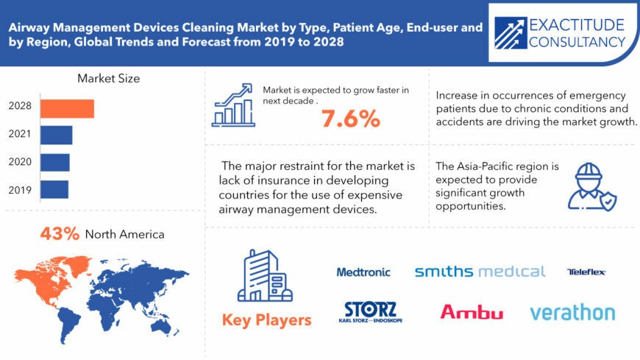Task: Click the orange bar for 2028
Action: (x=67, y=108)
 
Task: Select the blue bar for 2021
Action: (x=56, y=135)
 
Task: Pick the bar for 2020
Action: (x=54, y=162)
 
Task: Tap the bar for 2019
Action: (x=54, y=189)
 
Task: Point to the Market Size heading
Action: (x=108, y=78)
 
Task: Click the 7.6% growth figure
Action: (x=349, y=117)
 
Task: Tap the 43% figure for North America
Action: (x=59, y=235)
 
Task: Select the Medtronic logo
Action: (x=363, y=272)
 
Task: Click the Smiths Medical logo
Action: (x=480, y=272)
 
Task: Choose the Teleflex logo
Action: (x=586, y=272)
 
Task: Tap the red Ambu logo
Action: (x=472, y=312)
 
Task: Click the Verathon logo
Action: (x=572, y=312)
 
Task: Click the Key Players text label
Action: (x=266, y=320)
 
